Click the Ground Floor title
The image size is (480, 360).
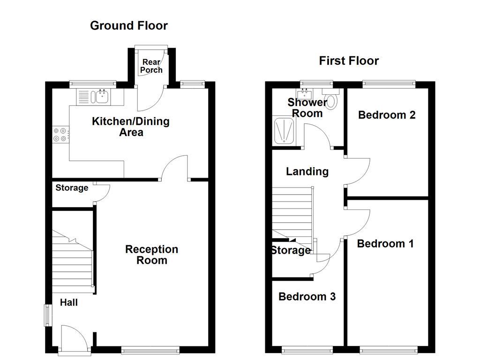[128, 25]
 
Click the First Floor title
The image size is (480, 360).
[349, 60]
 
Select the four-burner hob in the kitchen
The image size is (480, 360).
[60, 135]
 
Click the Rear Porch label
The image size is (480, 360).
[151, 66]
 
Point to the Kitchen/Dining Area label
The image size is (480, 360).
[131, 127]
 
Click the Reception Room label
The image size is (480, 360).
[151, 255]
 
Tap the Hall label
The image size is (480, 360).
[68, 303]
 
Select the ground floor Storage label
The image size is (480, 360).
[72, 188]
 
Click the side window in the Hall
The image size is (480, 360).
[48, 315]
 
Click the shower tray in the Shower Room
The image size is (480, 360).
[284, 131]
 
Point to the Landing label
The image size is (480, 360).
[307, 172]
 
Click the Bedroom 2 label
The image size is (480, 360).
[387, 115]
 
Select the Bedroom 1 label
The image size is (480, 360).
[385, 244]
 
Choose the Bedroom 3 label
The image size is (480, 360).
[307, 297]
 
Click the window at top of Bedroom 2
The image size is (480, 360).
[389, 84]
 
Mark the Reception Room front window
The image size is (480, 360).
[150, 349]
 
